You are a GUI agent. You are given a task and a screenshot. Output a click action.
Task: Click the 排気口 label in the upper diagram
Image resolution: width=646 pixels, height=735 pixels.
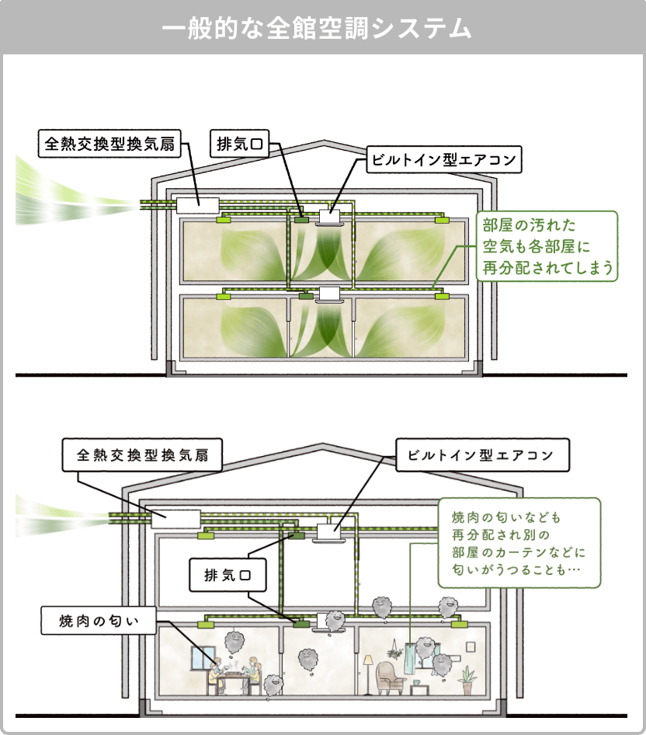[x=238, y=144]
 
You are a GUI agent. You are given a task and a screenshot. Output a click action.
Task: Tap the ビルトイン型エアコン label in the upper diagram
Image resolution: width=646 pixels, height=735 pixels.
[x=443, y=162]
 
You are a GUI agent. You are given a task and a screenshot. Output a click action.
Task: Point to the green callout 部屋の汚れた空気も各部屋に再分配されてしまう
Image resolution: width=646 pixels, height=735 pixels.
[x=548, y=247]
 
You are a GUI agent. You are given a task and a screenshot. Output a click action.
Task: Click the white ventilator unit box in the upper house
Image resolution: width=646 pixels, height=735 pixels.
[x=199, y=204]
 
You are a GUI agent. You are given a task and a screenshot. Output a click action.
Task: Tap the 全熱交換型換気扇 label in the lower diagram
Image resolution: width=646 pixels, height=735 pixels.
[x=142, y=456]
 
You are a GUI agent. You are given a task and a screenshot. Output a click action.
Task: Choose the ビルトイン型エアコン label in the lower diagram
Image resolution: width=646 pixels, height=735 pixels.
[x=482, y=455]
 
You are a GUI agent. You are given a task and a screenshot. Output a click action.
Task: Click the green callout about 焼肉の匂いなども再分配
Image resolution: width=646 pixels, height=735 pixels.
[x=519, y=542]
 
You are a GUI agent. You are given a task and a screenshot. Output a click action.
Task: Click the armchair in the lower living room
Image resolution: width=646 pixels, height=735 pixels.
[x=389, y=678]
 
